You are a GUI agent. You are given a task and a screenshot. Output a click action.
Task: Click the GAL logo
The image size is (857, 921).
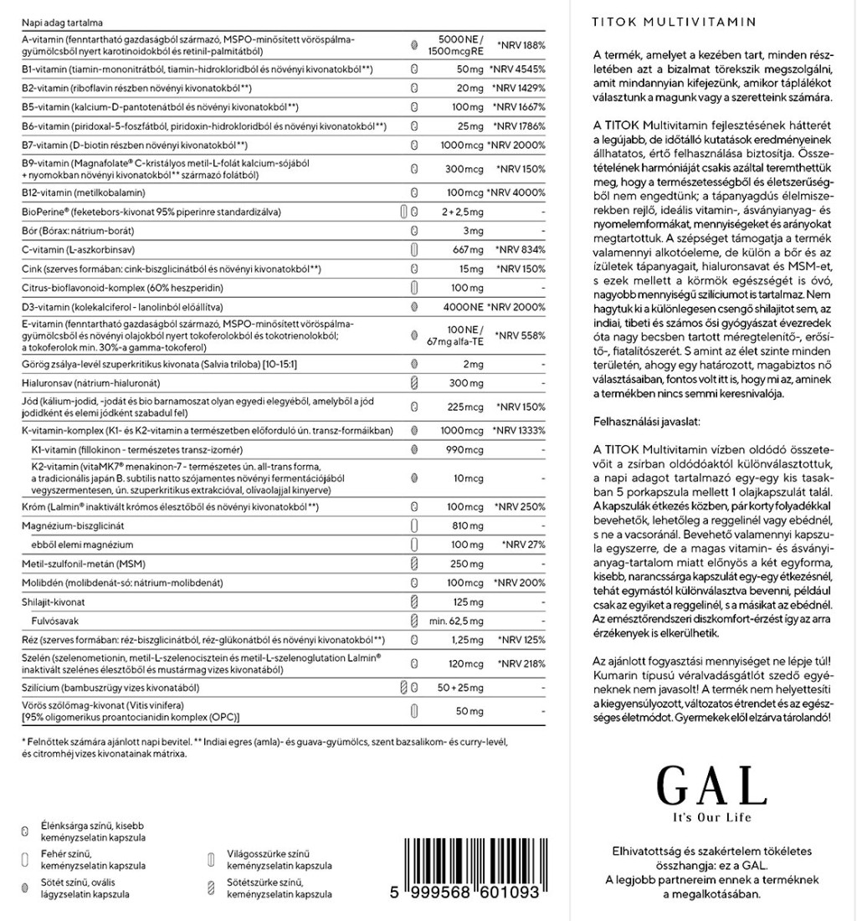(711, 785)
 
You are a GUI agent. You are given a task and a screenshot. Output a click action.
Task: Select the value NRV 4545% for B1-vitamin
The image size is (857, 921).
(518, 69)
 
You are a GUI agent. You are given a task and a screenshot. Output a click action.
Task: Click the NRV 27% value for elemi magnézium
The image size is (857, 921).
(523, 545)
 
